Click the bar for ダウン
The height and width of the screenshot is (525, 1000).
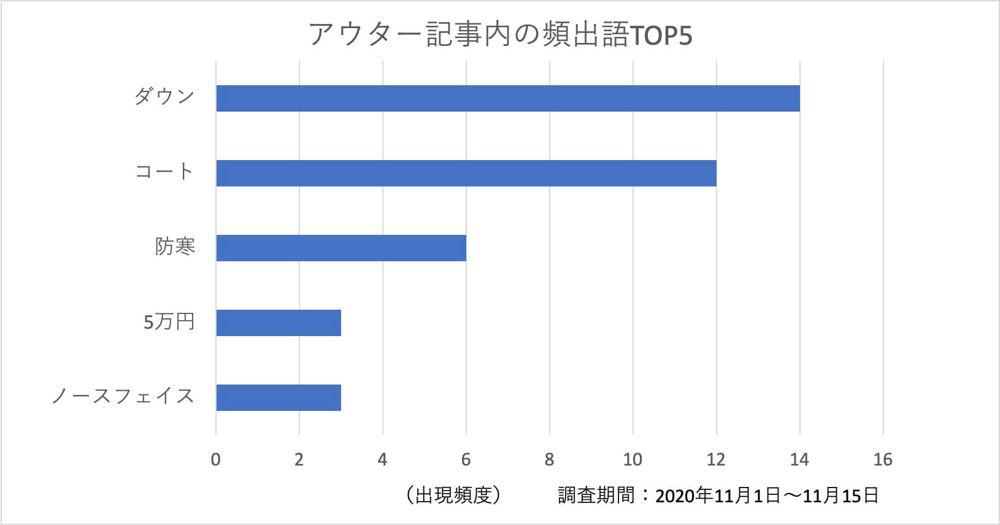pos(507,98)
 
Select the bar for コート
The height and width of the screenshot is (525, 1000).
pos(466,173)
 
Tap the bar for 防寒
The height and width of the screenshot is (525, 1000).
pos(340,248)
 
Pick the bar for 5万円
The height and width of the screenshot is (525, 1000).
pos(278,323)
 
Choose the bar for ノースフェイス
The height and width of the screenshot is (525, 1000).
pos(278,397)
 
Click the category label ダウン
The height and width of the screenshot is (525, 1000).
pos(164,96)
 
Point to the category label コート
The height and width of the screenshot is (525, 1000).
pos(164,172)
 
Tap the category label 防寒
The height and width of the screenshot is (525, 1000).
pos(175,247)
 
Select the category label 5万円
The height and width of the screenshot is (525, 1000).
pos(169,321)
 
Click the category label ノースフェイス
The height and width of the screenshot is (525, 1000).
pos(123,396)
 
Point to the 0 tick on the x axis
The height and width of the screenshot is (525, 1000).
pos(215,459)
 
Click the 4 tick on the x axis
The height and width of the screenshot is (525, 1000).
pos(382,459)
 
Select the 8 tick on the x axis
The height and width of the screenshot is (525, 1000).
pos(549,459)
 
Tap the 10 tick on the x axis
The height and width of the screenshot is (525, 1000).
pos(633,459)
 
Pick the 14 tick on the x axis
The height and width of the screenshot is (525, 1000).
pos(799,459)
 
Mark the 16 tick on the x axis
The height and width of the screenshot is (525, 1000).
pos(883,459)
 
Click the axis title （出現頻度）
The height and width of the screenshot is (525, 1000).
pos(453,495)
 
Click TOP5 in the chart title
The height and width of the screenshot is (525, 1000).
pos(661,36)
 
